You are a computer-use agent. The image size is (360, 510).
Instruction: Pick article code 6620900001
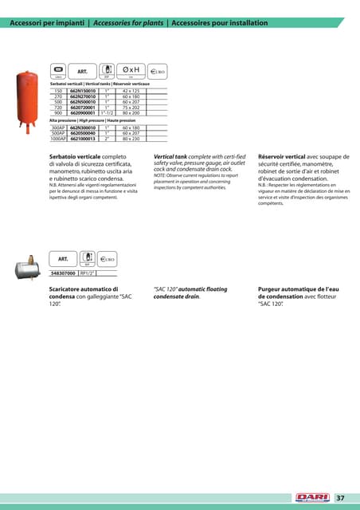pyautogui.click(x=82, y=114)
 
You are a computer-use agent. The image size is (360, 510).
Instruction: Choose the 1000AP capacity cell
pyautogui.click(x=57, y=138)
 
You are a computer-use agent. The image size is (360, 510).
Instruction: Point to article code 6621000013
pyautogui.click(x=82, y=138)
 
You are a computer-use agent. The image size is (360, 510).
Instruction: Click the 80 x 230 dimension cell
pyautogui.click(x=131, y=138)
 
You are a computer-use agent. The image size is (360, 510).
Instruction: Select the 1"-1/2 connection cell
pyautogui.click(x=108, y=114)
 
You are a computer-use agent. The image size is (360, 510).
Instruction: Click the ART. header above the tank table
pyautogui.click(x=82, y=70)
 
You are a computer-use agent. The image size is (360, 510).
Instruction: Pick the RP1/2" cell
pyautogui.click(x=88, y=273)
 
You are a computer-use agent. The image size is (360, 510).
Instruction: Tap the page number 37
pyautogui.click(x=340, y=498)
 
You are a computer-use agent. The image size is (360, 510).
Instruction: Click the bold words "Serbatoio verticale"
pyautogui.click(x=76, y=158)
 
